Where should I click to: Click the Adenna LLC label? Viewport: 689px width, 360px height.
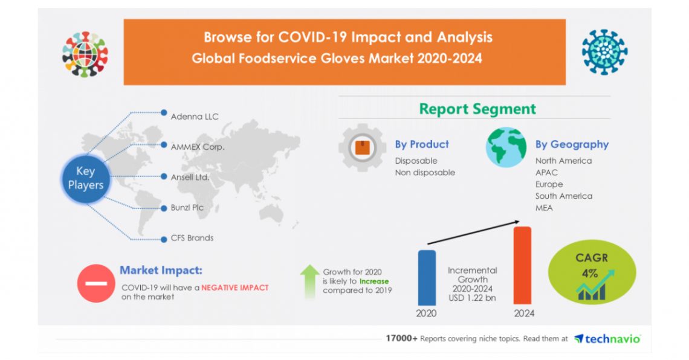click(x=195, y=116)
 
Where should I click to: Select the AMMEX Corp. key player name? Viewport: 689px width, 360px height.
click(x=198, y=146)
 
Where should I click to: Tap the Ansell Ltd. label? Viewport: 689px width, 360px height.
click(x=190, y=177)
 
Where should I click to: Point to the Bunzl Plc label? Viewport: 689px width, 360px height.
click(x=187, y=207)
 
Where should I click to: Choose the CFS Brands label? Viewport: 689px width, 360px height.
click(x=192, y=237)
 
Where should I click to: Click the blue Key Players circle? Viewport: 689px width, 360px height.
click(x=85, y=178)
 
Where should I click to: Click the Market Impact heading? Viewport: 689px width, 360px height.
click(x=161, y=270)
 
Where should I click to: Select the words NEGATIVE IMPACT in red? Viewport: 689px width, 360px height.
click(x=235, y=288)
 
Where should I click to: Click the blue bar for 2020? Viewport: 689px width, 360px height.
click(x=426, y=277)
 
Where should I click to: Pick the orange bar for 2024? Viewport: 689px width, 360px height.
click(x=522, y=266)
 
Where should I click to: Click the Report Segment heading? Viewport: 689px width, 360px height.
click(x=477, y=109)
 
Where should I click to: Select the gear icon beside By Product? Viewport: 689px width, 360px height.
click(x=362, y=147)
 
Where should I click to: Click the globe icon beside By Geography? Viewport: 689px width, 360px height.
click(x=506, y=147)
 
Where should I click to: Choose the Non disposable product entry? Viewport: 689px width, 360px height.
click(x=424, y=172)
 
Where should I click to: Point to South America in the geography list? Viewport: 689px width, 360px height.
click(x=563, y=196)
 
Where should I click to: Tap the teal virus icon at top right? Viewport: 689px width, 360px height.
click(x=604, y=52)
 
